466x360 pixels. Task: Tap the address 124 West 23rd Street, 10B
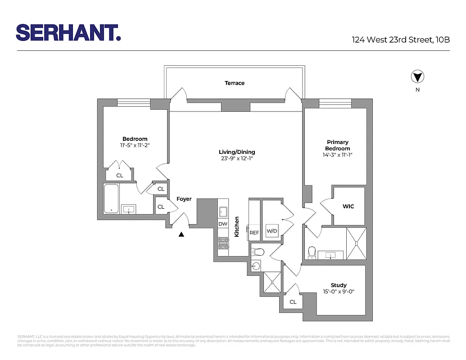[401, 40]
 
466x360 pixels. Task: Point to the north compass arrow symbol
[417, 77]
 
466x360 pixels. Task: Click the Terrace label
[235, 83]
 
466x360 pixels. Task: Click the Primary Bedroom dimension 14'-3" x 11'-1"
[337, 155]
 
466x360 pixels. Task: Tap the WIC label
[348, 207]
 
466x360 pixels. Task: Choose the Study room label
[339, 285]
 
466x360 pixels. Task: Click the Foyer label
[184, 199]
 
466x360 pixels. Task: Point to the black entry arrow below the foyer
[181, 234]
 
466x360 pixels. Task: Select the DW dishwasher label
[223, 224]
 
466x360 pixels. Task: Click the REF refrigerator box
[254, 232]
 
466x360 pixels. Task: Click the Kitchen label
[236, 227]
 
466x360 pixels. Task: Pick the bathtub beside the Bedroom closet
[111, 198]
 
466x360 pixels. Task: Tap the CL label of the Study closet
[293, 302]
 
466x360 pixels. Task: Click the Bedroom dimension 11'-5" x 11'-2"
[135, 145]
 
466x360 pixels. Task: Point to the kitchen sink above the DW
[223, 211]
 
